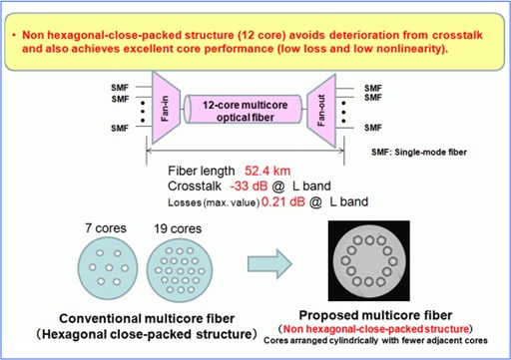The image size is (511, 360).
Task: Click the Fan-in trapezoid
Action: [x=166, y=105]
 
